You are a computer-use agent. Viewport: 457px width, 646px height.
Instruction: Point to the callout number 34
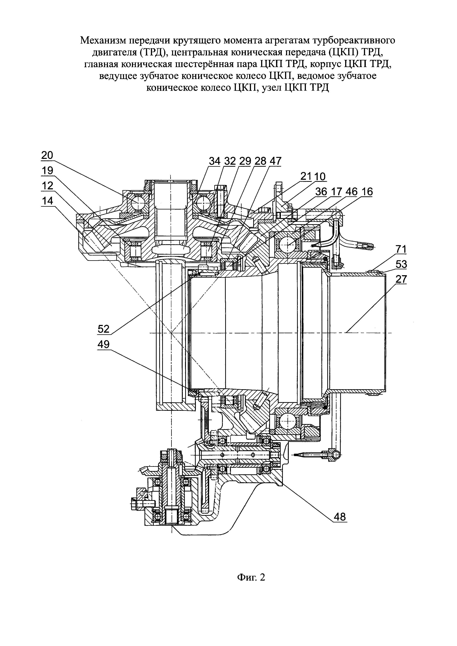215,161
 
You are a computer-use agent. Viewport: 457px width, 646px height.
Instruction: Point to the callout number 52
104,329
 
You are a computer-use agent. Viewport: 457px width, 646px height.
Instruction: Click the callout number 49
104,344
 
